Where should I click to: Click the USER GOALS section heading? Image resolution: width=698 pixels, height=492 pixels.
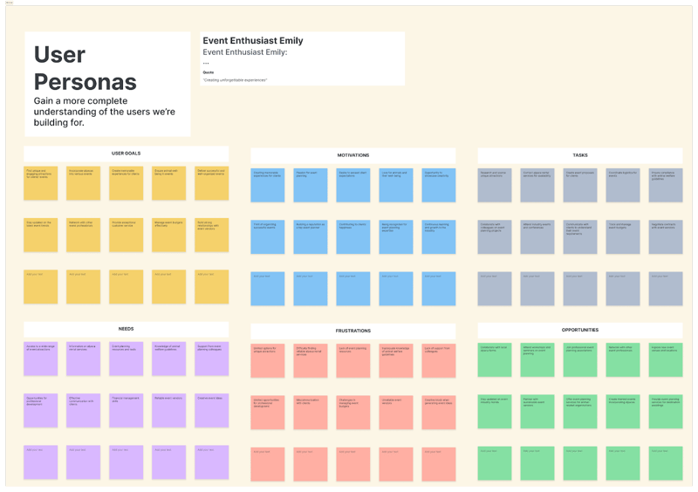[x=126, y=153]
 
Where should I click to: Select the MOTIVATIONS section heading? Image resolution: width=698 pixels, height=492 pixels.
[x=352, y=155]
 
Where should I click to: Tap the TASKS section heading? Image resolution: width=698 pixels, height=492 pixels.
[x=580, y=155]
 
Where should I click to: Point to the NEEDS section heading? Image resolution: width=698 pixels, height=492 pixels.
[x=126, y=329]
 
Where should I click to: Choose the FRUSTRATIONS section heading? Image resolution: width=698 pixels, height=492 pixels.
[x=352, y=331]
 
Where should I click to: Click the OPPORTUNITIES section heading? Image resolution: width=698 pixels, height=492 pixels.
[x=580, y=331]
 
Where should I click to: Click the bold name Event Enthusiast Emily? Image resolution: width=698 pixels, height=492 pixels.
[x=253, y=41]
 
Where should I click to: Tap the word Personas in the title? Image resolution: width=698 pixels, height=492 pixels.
[x=86, y=82]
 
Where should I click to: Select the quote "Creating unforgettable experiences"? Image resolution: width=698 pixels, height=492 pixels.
[x=235, y=80]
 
